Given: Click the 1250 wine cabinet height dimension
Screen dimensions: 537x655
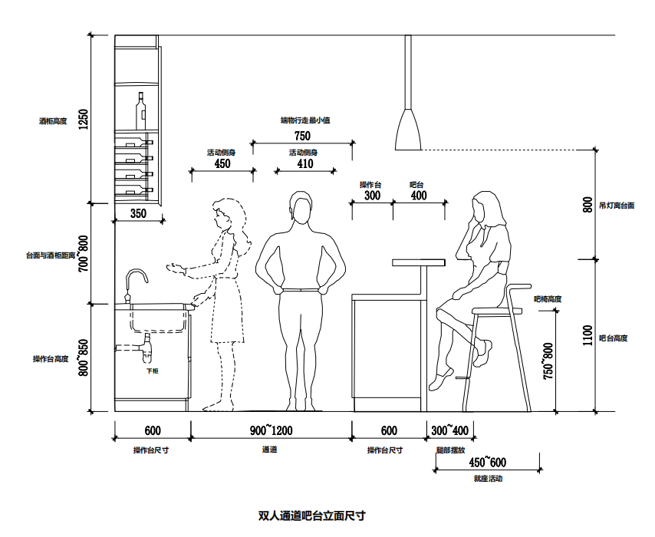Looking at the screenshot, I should coord(84,119).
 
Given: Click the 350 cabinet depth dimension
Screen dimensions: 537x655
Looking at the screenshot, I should coord(138,213).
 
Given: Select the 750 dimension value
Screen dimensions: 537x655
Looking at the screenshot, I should coord(302,136).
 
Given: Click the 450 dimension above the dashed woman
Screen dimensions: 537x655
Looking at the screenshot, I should coord(222,164).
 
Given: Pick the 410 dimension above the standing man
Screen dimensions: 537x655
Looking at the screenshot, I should coord(304,164).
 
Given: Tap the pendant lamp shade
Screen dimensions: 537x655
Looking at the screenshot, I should coord(408,130).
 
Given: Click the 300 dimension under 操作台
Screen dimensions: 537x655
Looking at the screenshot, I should coord(372,196).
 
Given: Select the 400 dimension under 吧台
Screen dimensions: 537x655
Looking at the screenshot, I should coord(419,196).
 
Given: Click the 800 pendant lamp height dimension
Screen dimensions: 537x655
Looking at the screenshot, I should coord(588,205).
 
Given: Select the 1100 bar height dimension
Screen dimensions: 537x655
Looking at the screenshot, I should coord(588,335).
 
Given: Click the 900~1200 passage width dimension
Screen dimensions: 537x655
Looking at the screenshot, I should coord(272,430).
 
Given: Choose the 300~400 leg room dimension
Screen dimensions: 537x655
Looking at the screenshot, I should coord(450,430).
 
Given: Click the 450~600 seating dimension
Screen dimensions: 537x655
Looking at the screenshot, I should coord(487,463).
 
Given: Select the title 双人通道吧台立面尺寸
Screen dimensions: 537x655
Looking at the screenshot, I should coord(311,516).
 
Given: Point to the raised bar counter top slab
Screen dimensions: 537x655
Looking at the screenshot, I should coord(419,262).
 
